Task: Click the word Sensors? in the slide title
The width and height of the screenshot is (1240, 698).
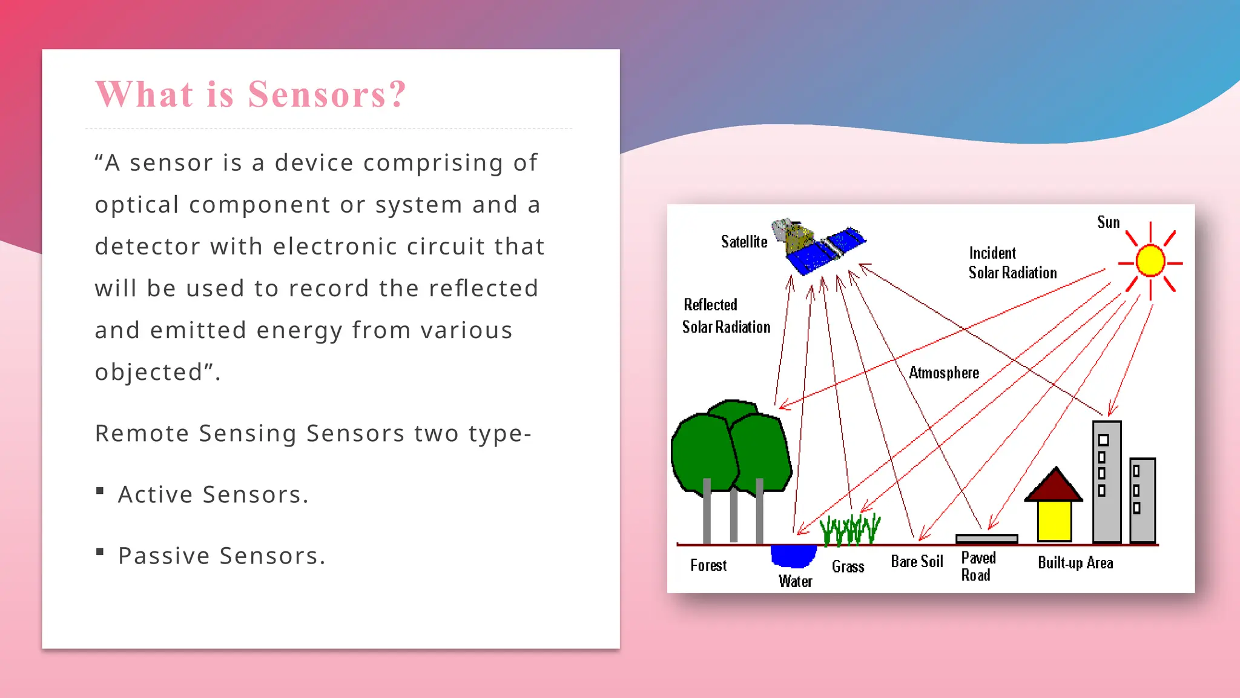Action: [x=327, y=95]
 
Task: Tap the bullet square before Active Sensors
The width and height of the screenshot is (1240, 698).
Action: [x=100, y=491]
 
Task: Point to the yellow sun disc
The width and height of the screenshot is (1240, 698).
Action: [x=1150, y=261]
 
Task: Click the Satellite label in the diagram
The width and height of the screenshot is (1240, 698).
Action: [x=744, y=242]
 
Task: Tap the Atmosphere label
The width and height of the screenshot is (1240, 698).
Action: [x=943, y=373]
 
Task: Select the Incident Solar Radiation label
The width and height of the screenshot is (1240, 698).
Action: [x=1012, y=263]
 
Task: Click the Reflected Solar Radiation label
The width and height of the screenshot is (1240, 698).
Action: [x=726, y=316]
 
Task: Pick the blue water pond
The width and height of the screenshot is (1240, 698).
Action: [x=793, y=555]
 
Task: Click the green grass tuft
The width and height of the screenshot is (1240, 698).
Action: [x=849, y=529]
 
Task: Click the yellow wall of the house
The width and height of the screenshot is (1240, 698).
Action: [x=1054, y=520]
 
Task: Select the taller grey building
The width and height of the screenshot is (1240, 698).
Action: [x=1107, y=482]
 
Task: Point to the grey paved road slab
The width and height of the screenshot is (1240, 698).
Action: [x=986, y=539]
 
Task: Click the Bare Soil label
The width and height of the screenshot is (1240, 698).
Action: [x=917, y=562]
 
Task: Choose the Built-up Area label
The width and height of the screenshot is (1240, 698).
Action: [x=1075, y=563]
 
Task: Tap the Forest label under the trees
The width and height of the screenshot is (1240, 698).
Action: [x=708, y=565]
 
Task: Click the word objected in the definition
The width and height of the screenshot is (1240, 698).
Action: [x=149, y=372]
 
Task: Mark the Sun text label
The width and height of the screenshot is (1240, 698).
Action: [x=1108, y=222]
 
